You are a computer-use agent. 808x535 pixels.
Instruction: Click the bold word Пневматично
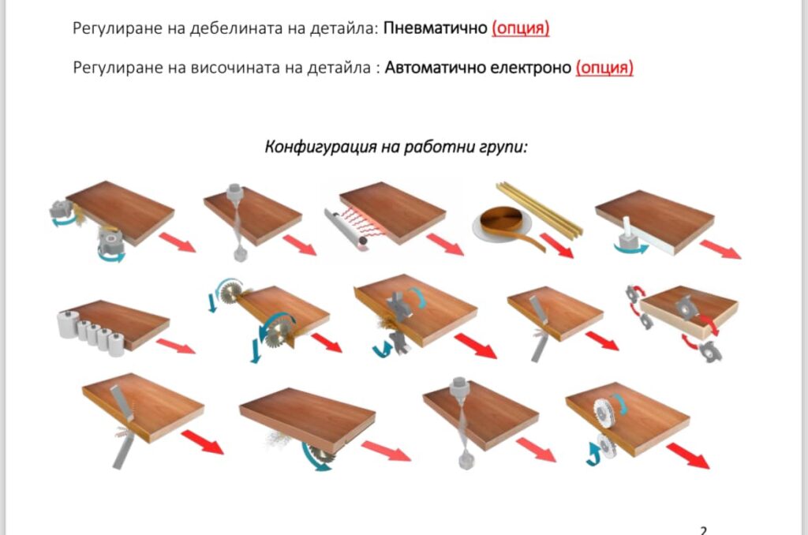[x=436, y=28]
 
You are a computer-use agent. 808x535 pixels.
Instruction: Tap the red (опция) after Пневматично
[x=521, y=28]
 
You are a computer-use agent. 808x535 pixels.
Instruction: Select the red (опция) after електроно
[x=604, y=68]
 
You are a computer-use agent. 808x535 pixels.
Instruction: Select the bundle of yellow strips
[x=539, y=209]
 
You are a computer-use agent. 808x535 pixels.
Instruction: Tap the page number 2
[x=703, y=529]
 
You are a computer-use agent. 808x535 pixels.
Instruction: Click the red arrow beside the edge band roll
[x=556, y=245]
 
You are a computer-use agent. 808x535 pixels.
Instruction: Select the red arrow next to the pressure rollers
[x=176, y=346]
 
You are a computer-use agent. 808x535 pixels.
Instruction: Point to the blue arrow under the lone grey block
[x=630, y=249]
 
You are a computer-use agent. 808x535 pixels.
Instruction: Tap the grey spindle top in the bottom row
[x=458, y=387]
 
